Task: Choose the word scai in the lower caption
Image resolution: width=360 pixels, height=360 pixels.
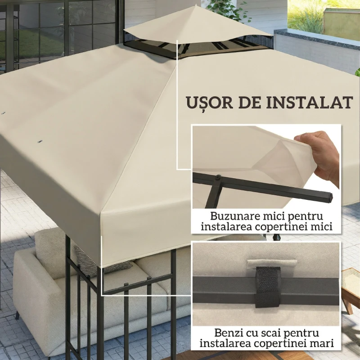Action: point(272,333)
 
